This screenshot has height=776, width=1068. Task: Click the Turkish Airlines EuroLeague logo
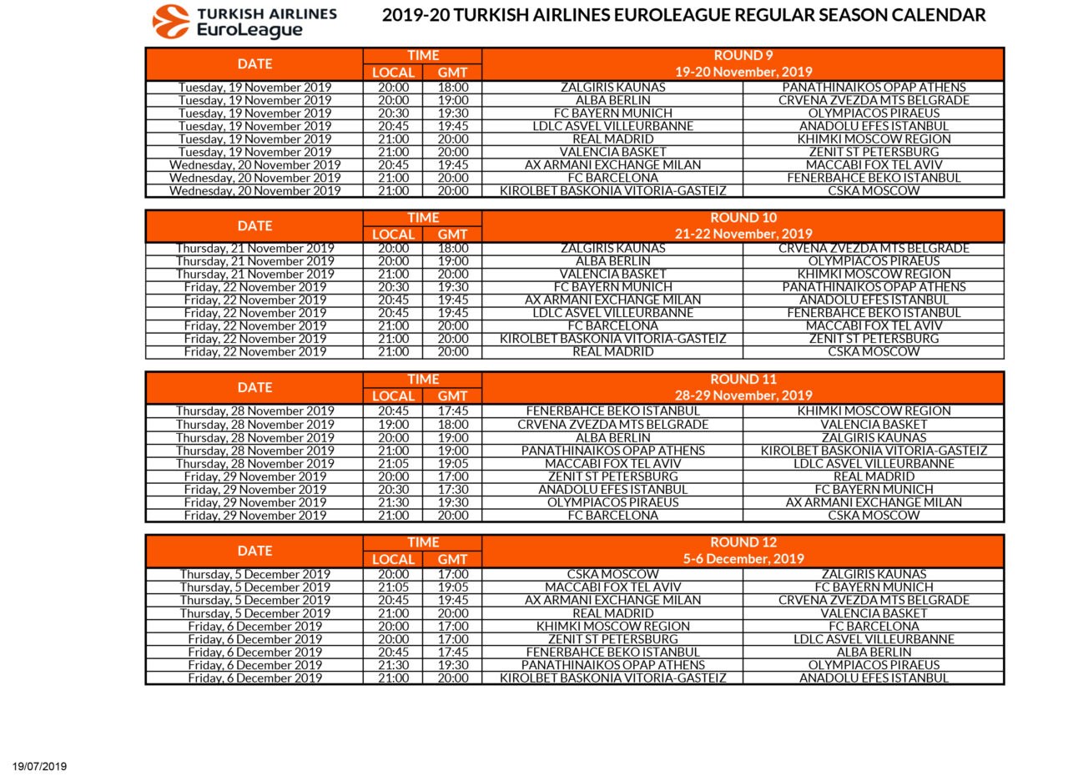(244, 22)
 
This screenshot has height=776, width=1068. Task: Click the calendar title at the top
(683, 15)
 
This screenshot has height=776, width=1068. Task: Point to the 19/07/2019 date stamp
(39, 766)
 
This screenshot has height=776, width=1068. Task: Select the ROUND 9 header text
(743, 56)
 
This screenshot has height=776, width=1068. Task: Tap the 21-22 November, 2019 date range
(743, 234)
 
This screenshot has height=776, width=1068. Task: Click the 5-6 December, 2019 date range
(743, 559)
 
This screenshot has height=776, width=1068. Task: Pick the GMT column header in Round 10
(452, 234)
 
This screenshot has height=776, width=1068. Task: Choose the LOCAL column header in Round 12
(393, 559)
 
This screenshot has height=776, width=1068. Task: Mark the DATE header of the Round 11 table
(254, 387)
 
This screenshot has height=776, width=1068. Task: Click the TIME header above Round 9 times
(423, 56)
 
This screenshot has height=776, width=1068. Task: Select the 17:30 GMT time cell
(453, 490)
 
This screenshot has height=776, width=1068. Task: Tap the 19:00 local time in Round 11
(393, 425)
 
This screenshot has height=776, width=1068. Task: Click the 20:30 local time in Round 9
(393, 113)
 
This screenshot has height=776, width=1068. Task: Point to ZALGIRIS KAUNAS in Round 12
(874, 574)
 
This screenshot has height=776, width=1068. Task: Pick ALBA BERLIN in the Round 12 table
(874, 653)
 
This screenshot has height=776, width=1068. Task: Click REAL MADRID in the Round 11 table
(874, 476)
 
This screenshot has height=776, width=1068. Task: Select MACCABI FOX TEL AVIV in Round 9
(874, 165)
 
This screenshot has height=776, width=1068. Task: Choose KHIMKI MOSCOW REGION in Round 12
(612, 627)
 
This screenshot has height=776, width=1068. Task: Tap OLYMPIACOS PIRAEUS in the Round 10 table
(874, 261)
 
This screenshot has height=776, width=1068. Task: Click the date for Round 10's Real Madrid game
(254, 352)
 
